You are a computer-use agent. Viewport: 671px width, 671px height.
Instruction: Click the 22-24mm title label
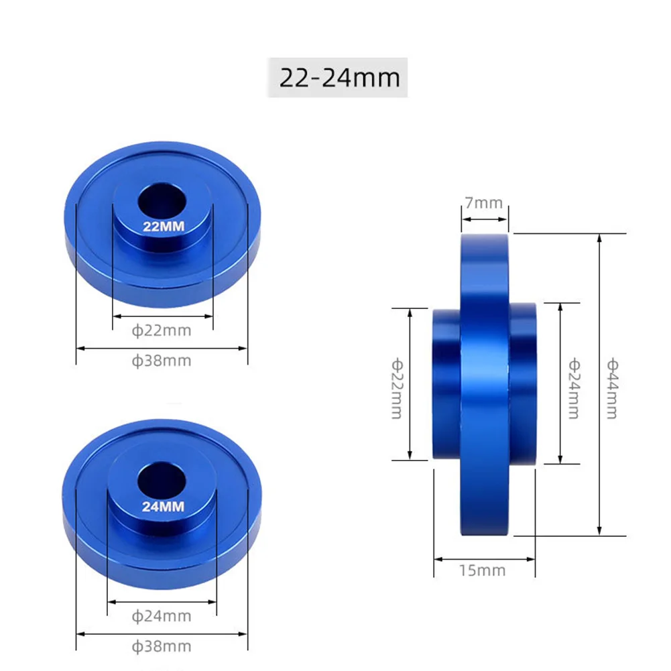pos(339,78)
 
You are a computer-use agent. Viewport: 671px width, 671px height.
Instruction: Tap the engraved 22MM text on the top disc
pos(162,226)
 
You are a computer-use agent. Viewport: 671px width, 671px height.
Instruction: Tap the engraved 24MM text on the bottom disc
pos(162,507)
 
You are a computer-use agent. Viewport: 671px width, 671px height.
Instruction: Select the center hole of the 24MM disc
pos(162,480)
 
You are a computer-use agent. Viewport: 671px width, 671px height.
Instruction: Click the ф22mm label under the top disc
pos(162,330)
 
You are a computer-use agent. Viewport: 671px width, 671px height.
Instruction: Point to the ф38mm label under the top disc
pos(162,361)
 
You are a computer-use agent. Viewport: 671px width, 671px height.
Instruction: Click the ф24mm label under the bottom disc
pos(162,615)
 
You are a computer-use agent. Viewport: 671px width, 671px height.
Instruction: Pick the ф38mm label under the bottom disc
pos(162,647)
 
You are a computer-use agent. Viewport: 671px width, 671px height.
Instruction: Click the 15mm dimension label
pos(484,571)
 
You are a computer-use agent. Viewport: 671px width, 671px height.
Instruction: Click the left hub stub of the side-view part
pos(446,383)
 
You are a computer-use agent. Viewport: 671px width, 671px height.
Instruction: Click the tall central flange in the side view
pos(484,383)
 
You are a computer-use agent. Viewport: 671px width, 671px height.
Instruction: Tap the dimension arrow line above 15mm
pos(484,558)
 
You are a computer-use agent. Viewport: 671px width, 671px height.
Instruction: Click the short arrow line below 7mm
pos(484,217)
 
